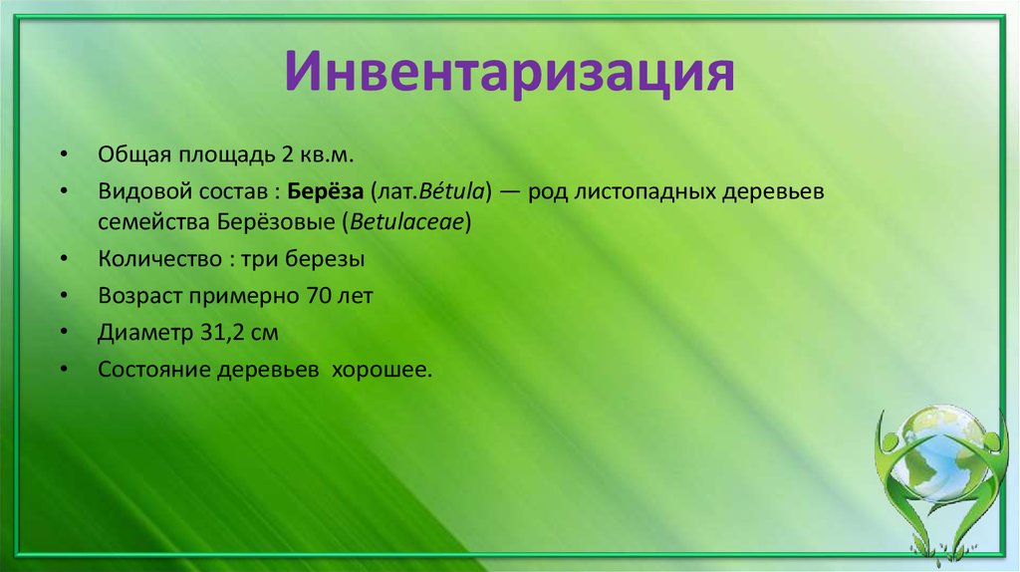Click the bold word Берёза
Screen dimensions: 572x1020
coord(325,190)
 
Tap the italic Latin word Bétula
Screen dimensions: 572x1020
coord(448,190)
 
